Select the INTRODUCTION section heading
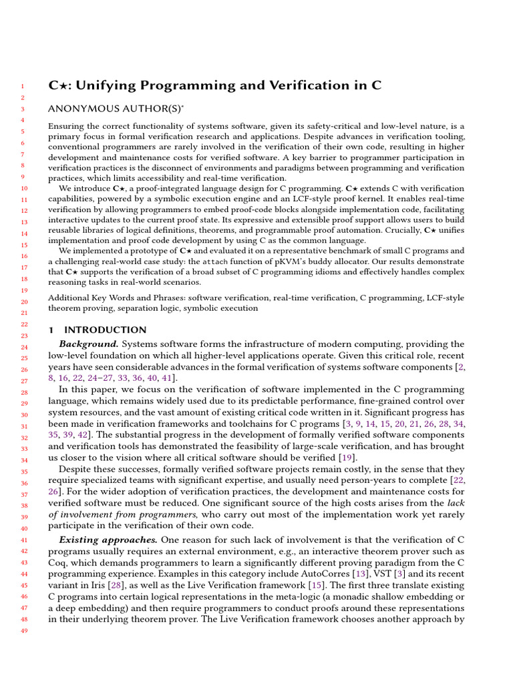coord(105,330)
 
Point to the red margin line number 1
coord(21,87)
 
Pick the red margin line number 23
coord(21,335)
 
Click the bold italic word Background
coord(89,344)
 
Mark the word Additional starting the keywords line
coord(69,297)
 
